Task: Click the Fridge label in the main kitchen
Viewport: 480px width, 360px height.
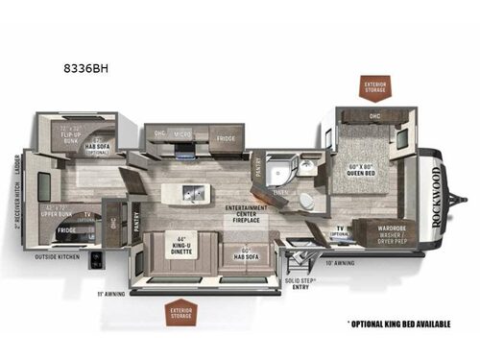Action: coord(225,138)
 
